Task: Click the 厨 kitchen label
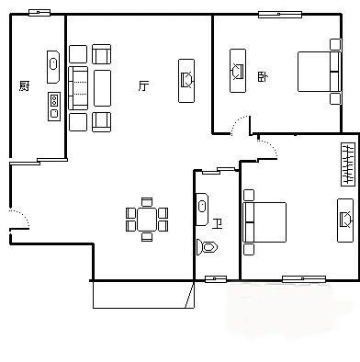pyautogui.click(x=24, y=86)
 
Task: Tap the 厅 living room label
pyautogui.click(x=143, y=86)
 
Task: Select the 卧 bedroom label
pyautogui.click(x=263, y=76)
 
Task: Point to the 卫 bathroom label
pyautogui.click(x=217, y=224)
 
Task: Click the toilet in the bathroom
pyautogui.click(x=207, y=247)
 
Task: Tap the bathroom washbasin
pyautogui.click(x=202, y=209)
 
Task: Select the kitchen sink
pyautogui.click(x=53, y=67)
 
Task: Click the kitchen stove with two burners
pyautogui.click(x=54, y=107)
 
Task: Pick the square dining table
pyautogui.click(x=147, y=220)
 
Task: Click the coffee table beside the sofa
pyautogui.click(x=102, y=88)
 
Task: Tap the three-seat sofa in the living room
pyautogui.click(x=78, y=88)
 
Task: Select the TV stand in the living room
pyautogui.click(x=186, y=81)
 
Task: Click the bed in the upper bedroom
pyautogui.click(x=319, y=72)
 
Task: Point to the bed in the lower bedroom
pyautogui.click(x=264, y=222)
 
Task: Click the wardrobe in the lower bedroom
pyautogui.click(x=348, y=164)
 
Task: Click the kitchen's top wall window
pyautogui.click(x=39, y=13)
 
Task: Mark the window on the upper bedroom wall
pyautogui.click(x=280, y=15)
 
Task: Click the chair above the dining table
pyautogui.click(x=147, y=202)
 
